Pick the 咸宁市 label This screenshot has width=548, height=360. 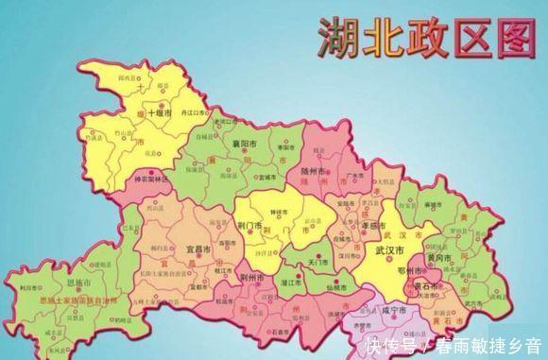(x=391, y=311)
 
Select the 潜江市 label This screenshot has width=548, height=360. (x=292, y=283)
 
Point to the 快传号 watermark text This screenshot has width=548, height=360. (x=396, y=346)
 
